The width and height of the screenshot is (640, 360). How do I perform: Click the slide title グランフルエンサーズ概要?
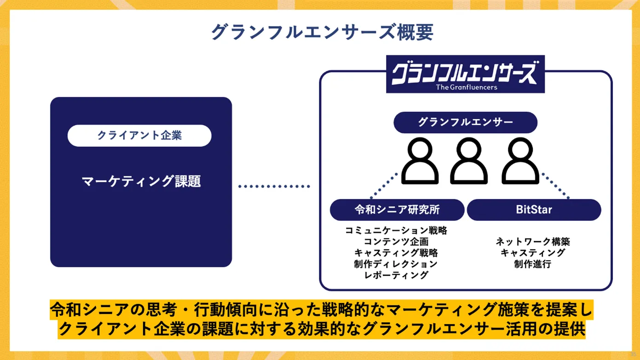click(x=322, y=33)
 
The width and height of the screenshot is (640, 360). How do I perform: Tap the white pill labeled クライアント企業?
click(x=139, y=135)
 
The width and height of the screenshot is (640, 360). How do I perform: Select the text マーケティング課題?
click(x=141, y=181)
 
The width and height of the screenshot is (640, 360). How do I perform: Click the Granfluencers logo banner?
click(x=465, y=74)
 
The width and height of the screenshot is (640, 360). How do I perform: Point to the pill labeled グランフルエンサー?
click(x=465, y=122)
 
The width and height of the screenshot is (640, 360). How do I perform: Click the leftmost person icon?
click(x=420, y=162)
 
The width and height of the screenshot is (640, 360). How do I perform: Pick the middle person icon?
click(x=468, y=162)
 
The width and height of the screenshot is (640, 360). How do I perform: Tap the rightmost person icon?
click(x=520, y=162)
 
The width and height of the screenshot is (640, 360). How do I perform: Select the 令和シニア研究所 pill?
click(x=397, y=210)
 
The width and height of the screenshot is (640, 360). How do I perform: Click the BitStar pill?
click(x=534, y=210)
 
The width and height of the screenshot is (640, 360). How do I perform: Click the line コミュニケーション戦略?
click(x=396, y=230)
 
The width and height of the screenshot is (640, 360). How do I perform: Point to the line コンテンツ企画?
click(x=396, y=241)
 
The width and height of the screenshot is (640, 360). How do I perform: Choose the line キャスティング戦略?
click(x=396, y=253)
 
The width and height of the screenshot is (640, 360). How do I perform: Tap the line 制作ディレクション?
click(x=396, y=264)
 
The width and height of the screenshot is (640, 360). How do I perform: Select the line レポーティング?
click(x=396, y=275)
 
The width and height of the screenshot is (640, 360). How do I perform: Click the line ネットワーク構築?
click(x=533, y=241)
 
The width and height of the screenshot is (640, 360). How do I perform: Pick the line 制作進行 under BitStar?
click(x=533, y=264)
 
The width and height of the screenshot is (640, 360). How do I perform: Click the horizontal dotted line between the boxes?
click(x=274, y=186)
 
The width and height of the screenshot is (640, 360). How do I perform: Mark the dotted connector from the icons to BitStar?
click(x=555, y=186)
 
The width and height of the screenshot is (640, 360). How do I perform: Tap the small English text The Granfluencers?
click(x=466, y=87)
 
